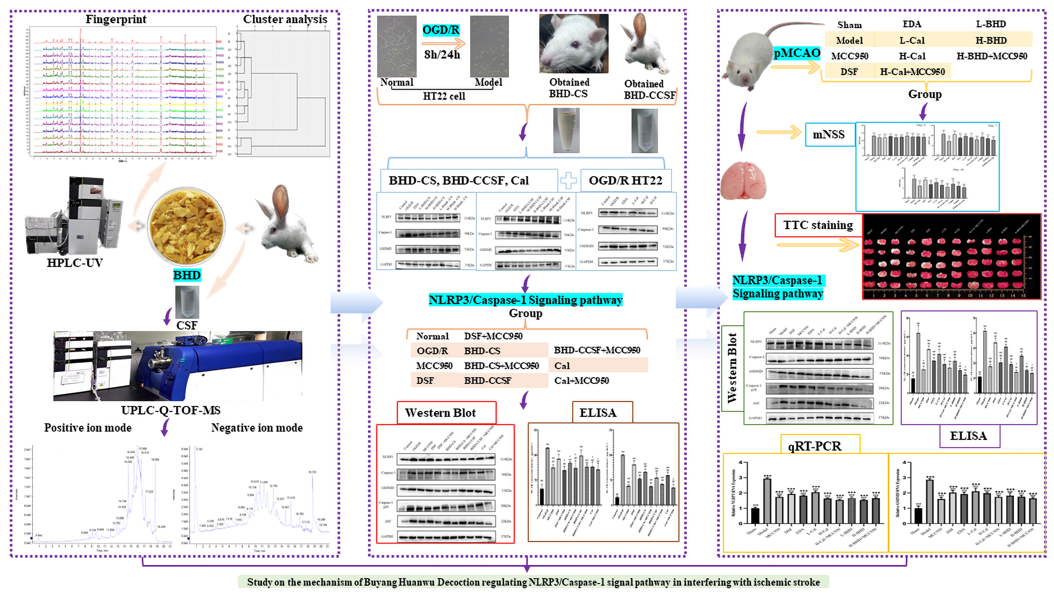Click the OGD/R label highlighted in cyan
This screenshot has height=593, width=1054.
point(441,30)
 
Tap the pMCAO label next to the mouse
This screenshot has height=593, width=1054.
point(797,53)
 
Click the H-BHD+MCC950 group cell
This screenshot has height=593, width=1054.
point(991,56)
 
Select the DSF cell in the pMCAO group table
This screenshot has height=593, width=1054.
point(849,72)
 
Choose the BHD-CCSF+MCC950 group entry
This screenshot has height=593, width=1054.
point(597,350)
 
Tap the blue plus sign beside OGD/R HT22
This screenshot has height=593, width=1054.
point(568,181)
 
